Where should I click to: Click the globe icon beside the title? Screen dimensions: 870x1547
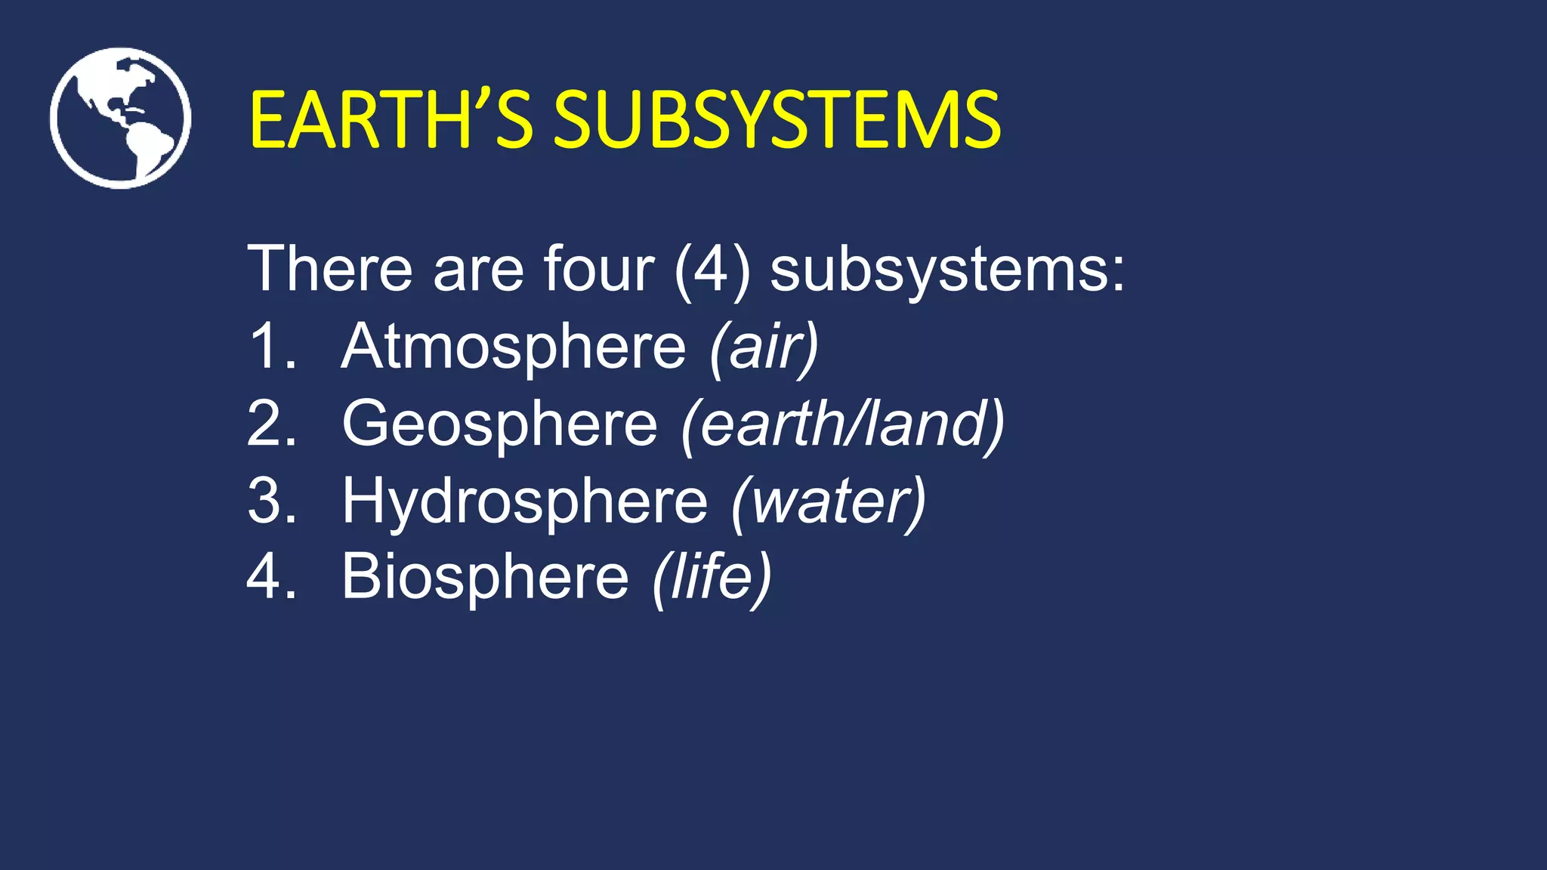[120, 118]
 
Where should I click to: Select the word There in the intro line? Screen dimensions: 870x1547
[330, 269]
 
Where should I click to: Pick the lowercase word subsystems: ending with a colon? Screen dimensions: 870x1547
[947, 272]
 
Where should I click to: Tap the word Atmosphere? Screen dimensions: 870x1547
[514, 347]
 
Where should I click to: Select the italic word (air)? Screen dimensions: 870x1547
[764, 348]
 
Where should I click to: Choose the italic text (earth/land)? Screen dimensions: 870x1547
[842, 425]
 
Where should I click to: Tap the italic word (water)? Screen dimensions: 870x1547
[828, 502]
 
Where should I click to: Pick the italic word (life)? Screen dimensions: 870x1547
[712, 578]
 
